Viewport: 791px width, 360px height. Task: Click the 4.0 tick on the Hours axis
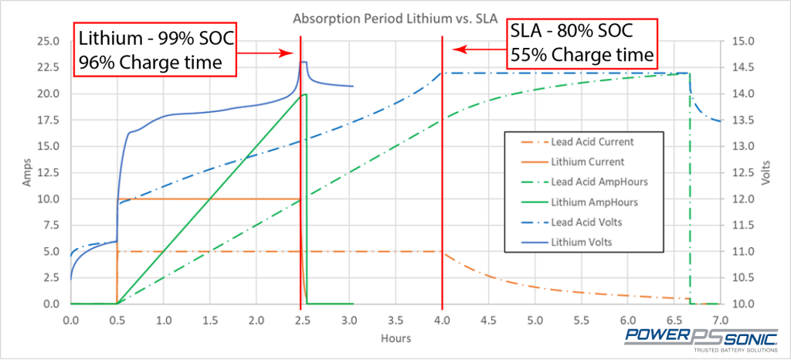click(x=442, y=318)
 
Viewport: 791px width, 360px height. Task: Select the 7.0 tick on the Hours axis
click(x=720, y=318)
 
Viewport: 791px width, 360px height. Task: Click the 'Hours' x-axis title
click(x=395, y=338)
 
